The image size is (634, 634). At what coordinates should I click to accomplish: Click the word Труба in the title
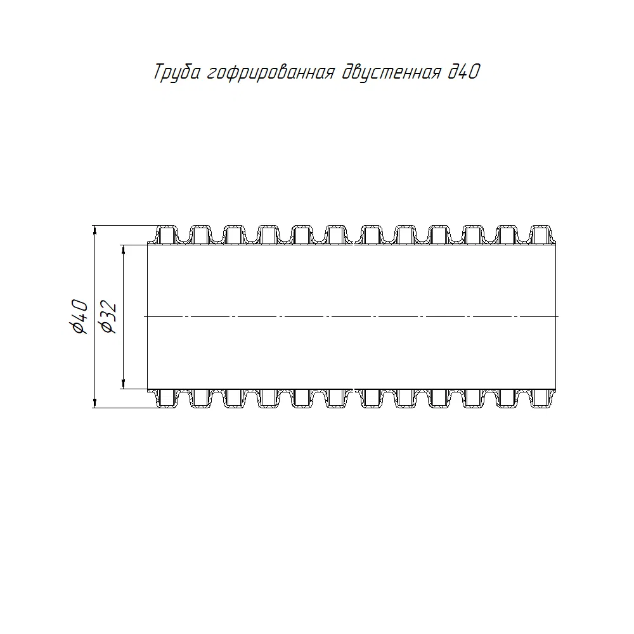177,73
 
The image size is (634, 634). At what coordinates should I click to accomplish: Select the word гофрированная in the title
271,73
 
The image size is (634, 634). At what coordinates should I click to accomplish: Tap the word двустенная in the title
391,73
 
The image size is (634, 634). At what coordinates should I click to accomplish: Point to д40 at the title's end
464,72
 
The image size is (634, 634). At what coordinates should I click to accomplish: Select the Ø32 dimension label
108,317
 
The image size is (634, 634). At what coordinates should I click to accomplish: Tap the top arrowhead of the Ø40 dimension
94,230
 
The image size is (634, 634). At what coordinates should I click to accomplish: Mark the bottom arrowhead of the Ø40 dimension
94,403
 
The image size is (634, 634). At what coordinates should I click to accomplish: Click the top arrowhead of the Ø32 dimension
124,249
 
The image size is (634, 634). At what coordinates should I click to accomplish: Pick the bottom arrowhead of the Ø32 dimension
124,384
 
